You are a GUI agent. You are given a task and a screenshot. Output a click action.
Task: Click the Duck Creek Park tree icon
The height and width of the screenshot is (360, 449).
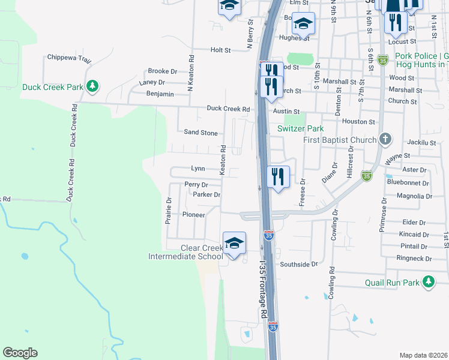(x=92, y=87)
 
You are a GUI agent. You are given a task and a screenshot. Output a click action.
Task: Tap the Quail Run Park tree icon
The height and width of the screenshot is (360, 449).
(x=428, y=282)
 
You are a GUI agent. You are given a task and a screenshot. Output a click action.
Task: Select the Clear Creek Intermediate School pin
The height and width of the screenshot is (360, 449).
(x=234, y=243)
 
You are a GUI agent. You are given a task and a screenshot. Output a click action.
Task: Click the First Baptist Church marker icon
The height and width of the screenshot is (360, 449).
(x=386, y=140)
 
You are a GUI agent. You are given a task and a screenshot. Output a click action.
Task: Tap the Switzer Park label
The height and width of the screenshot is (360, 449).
(x=300, y=128)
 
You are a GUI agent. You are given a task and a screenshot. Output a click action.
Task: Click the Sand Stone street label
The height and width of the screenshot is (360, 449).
(x=200, y=133)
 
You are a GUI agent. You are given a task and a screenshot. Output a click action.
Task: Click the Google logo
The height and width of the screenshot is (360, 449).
(x=20, y=353)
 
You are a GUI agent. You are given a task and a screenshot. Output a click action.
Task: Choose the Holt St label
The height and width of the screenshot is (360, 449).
(x=220, y=50)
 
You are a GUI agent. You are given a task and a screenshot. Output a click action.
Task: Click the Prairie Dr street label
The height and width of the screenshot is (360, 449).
(x=169, y=211)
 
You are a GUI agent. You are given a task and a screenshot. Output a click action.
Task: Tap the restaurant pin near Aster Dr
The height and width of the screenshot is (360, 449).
(x=277, y=177)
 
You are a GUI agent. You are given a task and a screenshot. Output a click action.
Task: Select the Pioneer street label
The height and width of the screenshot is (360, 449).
(x=194, y=215)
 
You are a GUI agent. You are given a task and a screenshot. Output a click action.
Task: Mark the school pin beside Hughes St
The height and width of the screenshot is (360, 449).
(x=304, y=24)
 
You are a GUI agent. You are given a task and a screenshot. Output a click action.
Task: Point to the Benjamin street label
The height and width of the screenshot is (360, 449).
(x=160, y=94)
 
